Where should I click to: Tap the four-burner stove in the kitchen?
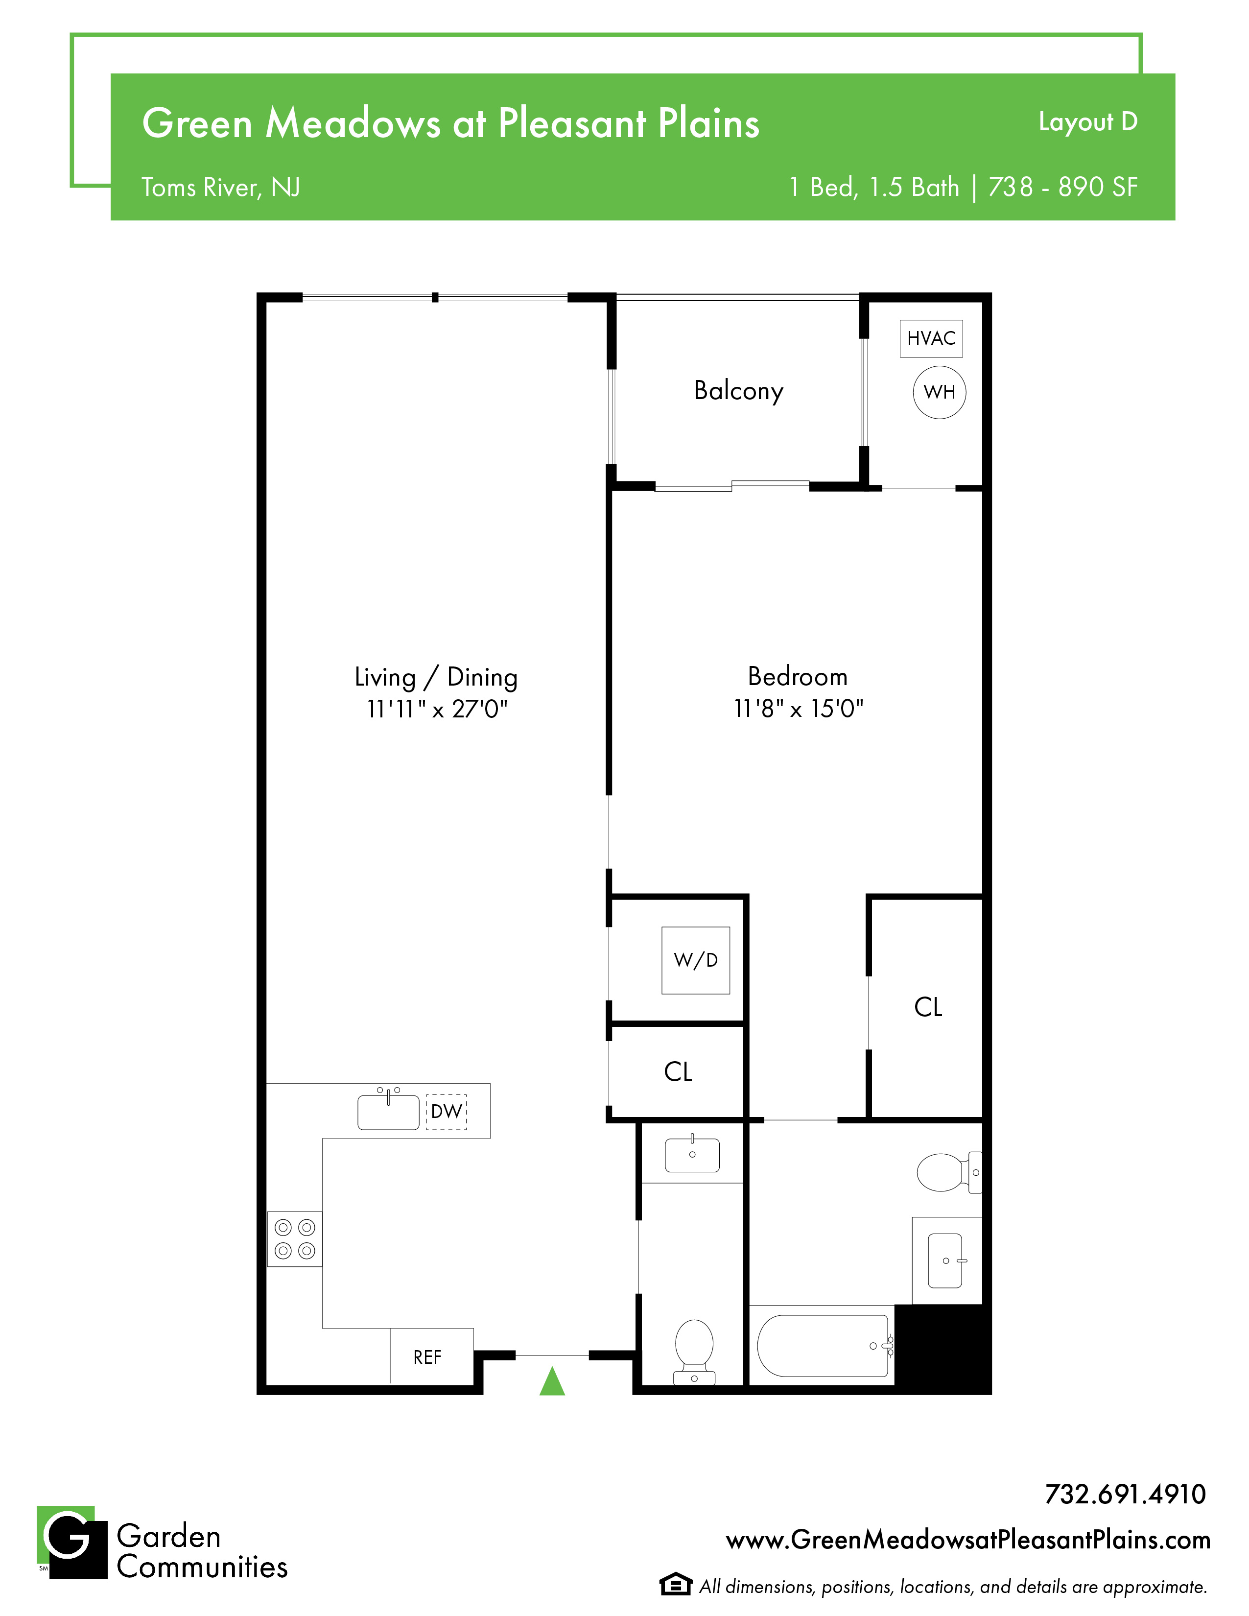pos(294,1238)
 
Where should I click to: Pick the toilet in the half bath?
pos(694,1352)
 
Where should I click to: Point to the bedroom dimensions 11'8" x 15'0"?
pos(799,709)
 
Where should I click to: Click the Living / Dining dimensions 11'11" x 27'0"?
pos(437,709)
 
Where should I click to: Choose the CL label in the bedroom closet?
pos(928,1007)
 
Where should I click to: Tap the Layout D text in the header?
pos(1088,122)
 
